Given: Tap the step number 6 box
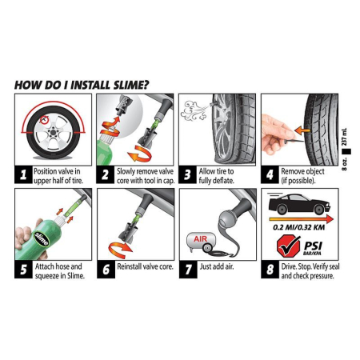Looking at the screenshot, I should pos(105,270).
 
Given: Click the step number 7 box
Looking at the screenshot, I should pos(187,270).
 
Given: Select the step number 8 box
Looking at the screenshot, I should pos(270,270).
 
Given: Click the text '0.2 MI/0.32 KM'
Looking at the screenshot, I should pos(298,227).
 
